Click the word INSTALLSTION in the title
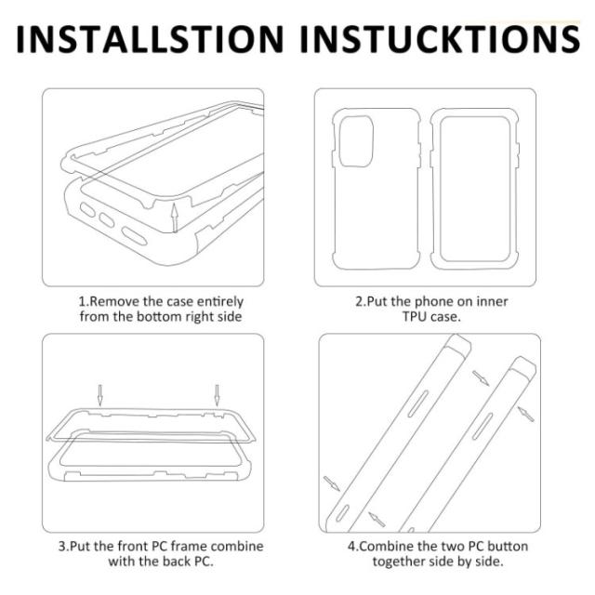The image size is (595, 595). point(150,39)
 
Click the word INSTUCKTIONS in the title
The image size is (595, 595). point(440,39)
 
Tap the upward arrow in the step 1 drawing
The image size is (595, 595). point(174,218)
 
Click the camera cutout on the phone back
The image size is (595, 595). point(356,141)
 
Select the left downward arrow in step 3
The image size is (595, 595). point(99,395)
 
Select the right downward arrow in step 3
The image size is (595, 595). point(217,395)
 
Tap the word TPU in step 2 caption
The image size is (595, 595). point(415,316)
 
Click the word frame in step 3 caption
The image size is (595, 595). point(188,546)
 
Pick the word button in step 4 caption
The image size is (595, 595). point(508,546)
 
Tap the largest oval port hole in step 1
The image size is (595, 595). point(134,236)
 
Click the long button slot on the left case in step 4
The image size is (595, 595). point(417,403)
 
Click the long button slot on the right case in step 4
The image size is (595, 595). point(483,427)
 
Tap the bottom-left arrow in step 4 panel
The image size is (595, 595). point(332,483)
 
